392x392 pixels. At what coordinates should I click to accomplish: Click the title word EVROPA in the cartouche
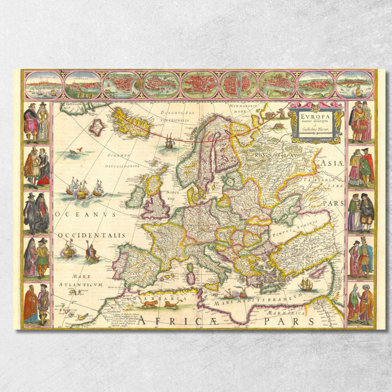311,117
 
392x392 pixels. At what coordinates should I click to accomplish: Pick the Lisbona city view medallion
355,85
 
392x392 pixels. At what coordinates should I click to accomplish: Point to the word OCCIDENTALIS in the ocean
92,235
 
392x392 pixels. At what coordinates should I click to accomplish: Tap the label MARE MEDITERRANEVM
255,300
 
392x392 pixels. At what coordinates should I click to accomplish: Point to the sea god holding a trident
91,252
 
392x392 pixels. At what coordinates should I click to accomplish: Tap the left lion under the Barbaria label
149,304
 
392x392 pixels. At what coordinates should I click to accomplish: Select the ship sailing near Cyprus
306,284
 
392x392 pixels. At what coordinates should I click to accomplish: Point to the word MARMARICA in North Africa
287,313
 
